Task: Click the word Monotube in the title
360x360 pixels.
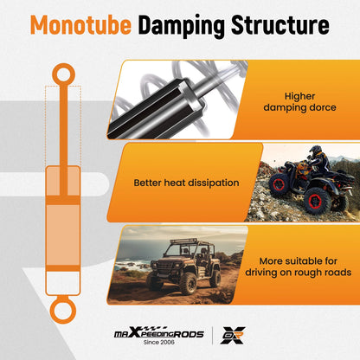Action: click(80, 25)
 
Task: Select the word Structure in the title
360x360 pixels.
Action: click(280, 25)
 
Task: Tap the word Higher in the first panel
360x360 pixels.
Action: click(299, 96)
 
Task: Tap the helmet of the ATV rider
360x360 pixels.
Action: click(316, 150)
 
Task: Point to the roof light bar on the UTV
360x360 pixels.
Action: click(183, 241)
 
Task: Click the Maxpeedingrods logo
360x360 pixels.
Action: click(159, 333)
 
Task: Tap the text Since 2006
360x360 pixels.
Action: click(159, 343)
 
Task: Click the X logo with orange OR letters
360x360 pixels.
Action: click(233, 335)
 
